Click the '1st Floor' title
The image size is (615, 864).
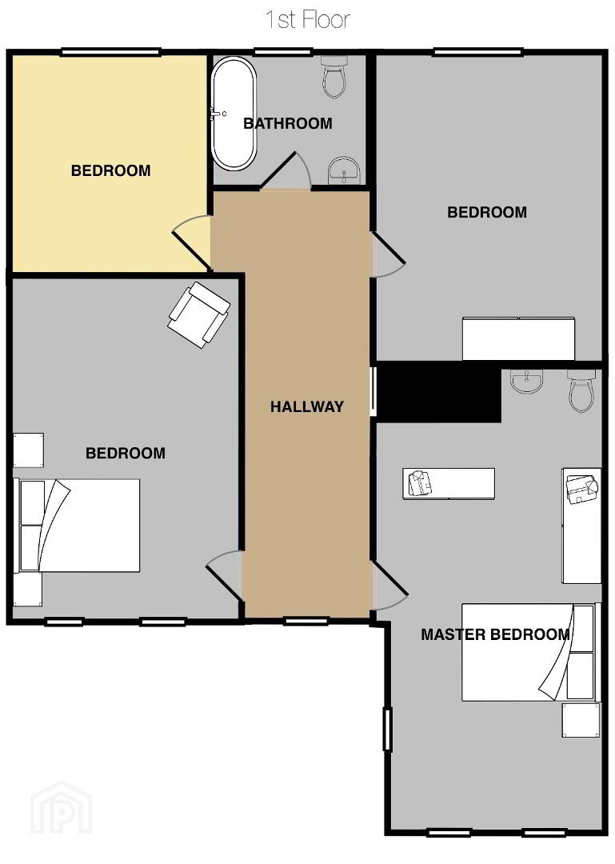(307, 20)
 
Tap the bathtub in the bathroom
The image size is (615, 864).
(234, 113)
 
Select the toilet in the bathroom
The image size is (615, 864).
(334, 76)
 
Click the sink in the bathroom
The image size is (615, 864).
(344, 170)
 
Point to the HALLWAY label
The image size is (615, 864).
(307, 406)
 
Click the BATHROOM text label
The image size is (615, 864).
(288, 123)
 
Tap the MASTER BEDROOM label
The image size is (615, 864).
(495, 634)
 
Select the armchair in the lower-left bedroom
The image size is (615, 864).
(198, 314)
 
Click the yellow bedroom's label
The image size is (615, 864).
(111, 170)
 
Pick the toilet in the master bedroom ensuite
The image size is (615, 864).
(581, 390)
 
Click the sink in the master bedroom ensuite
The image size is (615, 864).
(527, 381)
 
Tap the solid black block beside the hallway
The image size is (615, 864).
(439, 392)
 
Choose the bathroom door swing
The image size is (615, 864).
(286, 171)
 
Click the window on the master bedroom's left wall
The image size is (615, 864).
(387, 730)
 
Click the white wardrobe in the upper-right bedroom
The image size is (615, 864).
(518, 338)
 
